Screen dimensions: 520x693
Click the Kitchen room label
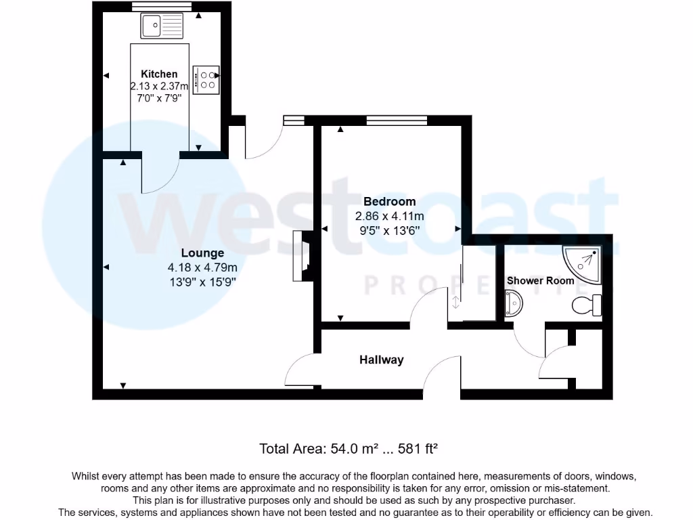(159, 74)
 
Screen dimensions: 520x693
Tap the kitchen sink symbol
(162, 26)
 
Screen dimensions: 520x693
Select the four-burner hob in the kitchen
(206, 79)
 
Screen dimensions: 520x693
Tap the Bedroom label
(389, 202)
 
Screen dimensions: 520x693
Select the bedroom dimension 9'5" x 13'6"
(389, 230)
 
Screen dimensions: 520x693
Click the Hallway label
(381, 360)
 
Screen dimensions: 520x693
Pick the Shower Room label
(540, 280)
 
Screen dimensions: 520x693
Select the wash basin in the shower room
(513, 303)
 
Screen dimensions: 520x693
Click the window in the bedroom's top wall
(397, 121)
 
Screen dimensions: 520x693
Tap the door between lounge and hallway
(300, 372)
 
